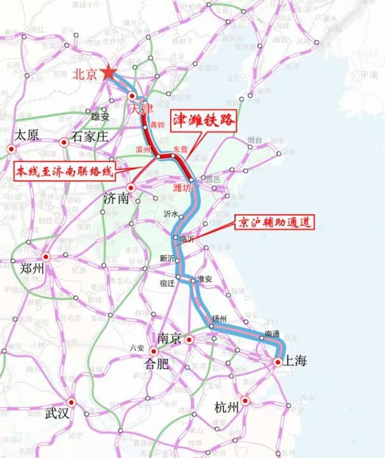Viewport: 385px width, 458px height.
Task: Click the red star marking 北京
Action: point(109,72)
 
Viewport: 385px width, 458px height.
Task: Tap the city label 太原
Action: point(27,135)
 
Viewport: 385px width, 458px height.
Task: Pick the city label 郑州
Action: point(32,268)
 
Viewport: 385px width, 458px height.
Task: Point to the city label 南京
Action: point(164,339)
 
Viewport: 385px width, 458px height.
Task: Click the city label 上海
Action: point(296,361)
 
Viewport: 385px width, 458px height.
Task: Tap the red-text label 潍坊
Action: point(182,188)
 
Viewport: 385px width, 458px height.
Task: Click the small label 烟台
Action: point(255,140)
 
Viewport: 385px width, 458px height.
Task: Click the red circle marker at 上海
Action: point(278,362)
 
